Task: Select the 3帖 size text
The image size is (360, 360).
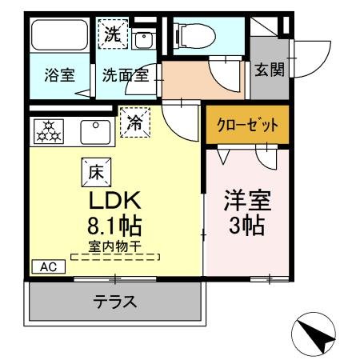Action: (244, 226)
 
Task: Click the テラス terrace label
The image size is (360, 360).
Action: (114, 302)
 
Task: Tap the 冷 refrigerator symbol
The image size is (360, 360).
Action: (135, 123)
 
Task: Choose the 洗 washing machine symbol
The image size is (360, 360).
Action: (114, 34)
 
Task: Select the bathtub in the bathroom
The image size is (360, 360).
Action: (58, 36)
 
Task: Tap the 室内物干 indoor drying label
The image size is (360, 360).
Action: (114, 247)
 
